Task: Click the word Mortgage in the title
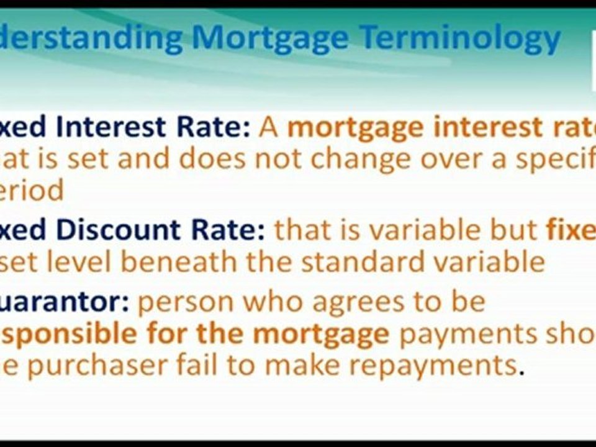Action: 271,38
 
